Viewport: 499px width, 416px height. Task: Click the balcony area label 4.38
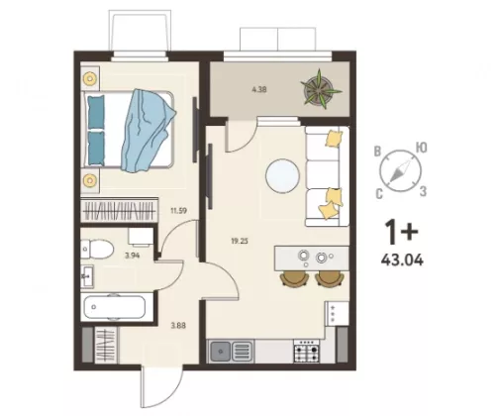coord(259,89)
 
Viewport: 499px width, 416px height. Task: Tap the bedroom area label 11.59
coord(178,211)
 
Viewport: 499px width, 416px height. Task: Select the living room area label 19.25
coord(240,241)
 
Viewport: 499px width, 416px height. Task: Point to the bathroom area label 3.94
coord(133,255)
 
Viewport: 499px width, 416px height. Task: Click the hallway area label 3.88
coord(178,326)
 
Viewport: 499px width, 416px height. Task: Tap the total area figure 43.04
coord(402,260)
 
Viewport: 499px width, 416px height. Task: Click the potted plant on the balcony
coord(320,89)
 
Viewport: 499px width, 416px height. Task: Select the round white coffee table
coord(283,176)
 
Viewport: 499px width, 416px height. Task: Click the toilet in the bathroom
coord(97,250)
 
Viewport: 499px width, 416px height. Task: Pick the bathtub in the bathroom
coord(115,307)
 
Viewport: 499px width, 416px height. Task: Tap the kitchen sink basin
coord(221,351)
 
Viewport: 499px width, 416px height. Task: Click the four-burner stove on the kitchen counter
coord(307,352)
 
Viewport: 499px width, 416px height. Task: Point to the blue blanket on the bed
coord(147,131)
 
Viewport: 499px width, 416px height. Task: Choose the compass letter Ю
coord(421,148)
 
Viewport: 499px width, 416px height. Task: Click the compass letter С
coord(379,194)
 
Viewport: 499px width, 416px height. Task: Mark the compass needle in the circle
coord(401,171)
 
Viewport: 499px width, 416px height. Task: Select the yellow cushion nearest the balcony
coord(334,138)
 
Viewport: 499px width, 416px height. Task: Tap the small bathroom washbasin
coord(87,276)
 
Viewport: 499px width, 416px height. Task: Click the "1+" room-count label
coord(402,232)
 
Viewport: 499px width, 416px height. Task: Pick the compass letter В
coord(377,152)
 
